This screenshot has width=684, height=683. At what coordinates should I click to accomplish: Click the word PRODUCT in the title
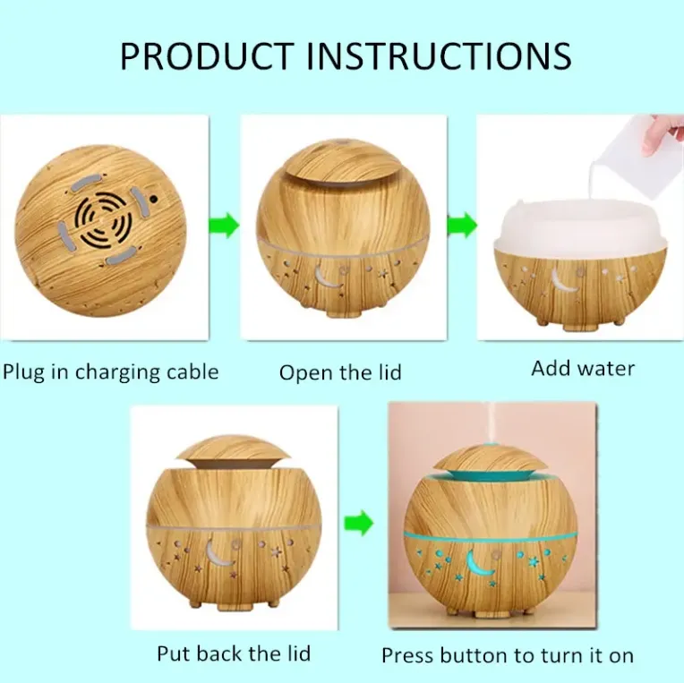tap(206, 55)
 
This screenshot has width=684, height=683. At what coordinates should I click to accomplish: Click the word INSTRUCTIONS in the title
tap(439, 55)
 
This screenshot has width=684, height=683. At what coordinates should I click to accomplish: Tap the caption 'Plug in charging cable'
tap(110, 373)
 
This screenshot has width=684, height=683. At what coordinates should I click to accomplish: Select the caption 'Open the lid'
tap(340, 372)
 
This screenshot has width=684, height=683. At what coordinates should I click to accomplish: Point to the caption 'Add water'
tap(583, 369)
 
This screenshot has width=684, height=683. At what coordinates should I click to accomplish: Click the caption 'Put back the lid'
tap(234, 653)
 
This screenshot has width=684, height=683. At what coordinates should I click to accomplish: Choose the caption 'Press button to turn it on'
tap(508, 655)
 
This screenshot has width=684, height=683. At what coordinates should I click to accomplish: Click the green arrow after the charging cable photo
tap(224, 226)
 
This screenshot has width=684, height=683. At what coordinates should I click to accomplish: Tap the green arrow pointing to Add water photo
tap(462, 226)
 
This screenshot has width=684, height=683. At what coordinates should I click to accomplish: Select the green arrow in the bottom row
tap(359, 523)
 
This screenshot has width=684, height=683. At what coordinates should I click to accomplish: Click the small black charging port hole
tap(153, 199)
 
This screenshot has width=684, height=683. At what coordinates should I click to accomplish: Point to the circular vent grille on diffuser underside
tap(103, 220)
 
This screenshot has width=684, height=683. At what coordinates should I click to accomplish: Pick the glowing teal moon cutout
tap(479, 563)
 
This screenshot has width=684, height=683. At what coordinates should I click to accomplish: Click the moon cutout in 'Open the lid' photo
tap(326, 277)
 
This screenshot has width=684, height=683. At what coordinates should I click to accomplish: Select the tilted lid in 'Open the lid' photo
tap(342, 162)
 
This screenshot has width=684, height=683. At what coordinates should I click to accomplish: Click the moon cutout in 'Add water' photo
tap(562, 280)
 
